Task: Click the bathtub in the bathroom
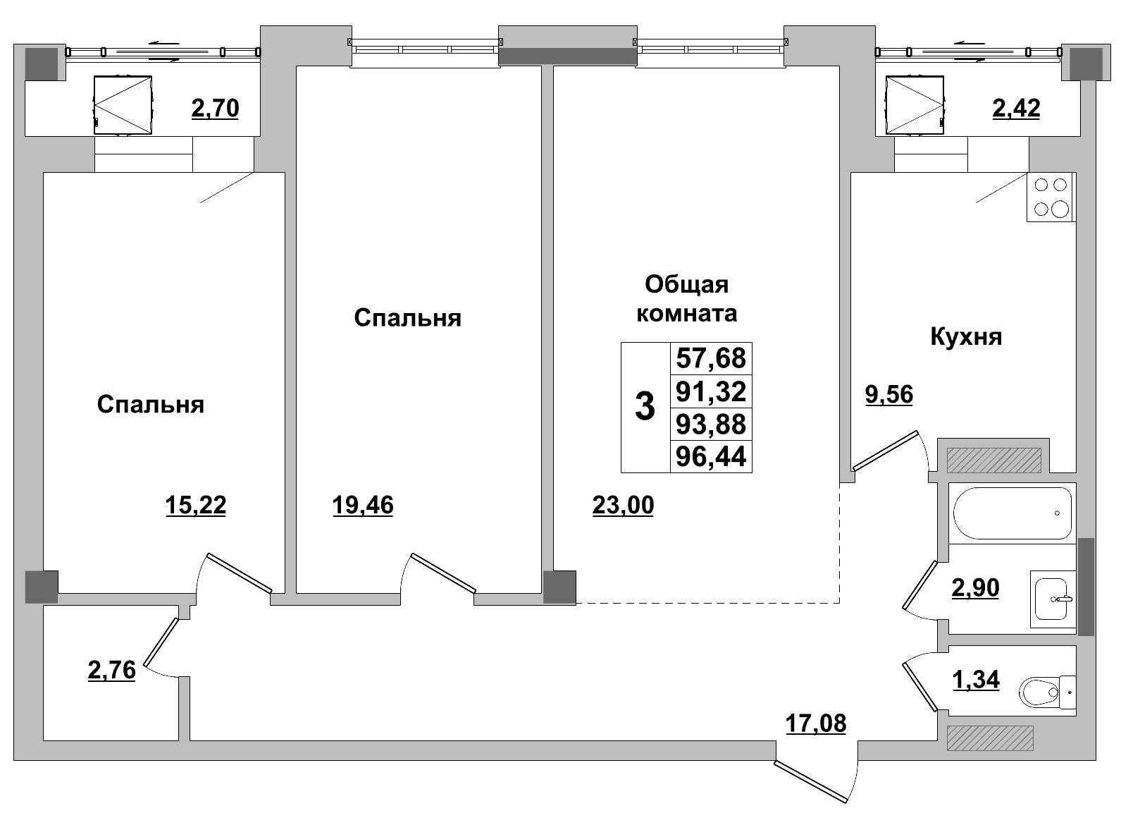(1012, 513)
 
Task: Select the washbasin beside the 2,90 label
(1053, 599)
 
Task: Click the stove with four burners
(1051, 197)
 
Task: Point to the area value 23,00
(623, 505)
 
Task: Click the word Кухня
(966, 336)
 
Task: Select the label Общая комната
(686, 298)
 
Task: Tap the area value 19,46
(362, 505)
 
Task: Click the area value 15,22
(195, 505)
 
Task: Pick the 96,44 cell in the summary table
(710, 457)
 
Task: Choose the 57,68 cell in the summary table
(710, 358)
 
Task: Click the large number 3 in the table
(645, 407)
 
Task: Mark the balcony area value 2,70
(215, 108)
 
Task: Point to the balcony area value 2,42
(1015, 108)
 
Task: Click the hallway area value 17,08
(815, 723)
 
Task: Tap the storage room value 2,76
(111, 670)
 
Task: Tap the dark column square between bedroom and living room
(559, 587)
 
